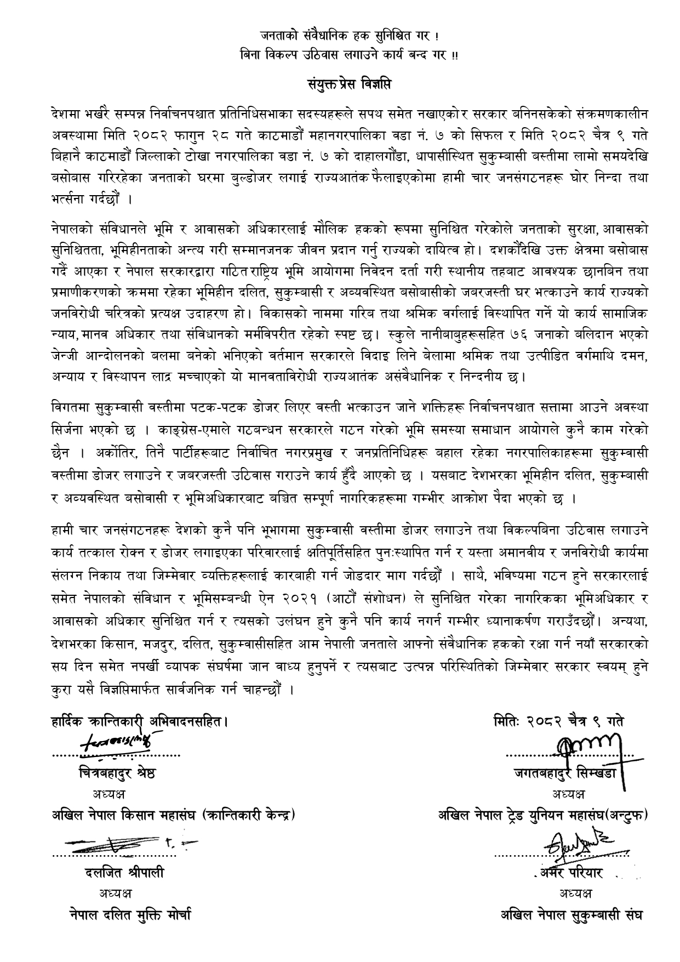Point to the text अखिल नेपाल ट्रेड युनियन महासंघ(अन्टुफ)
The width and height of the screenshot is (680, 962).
click(x=542, y=815)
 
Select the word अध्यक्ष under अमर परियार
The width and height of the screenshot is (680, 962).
click(x=575, y=893)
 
